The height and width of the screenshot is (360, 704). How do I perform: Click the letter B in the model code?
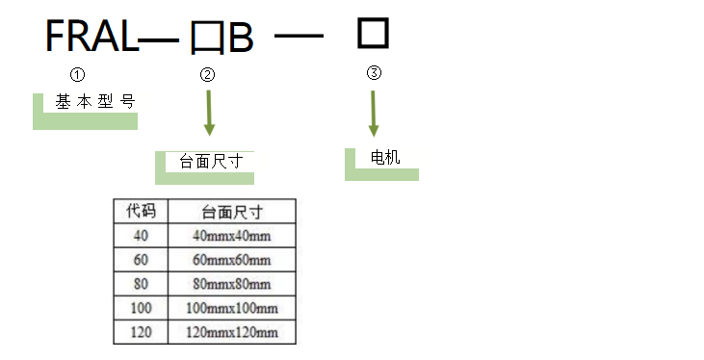(x=240, y=39)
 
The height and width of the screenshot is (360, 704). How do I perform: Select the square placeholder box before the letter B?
(x=206, y=39)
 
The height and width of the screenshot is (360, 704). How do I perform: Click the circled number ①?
(x=79, y=74)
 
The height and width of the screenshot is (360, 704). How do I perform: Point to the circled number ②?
(x=208, y=75)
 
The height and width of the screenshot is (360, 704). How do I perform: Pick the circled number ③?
(x=375, y=73)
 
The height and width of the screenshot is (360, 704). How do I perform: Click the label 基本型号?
(x=94, y=101)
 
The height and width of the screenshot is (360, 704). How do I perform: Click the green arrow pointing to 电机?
(x=375, y=114)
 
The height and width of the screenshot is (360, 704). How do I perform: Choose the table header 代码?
(x=141, y=211)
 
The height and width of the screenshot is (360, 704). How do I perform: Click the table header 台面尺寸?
(x=232, y=211)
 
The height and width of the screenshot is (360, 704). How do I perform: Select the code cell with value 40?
(x=141, y=236)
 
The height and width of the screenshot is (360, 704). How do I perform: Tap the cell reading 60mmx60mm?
(x=232, y=260)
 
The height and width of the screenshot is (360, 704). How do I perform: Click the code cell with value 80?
(x=141, y=284)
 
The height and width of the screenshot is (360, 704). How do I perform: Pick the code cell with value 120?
(x=141, y=332)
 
